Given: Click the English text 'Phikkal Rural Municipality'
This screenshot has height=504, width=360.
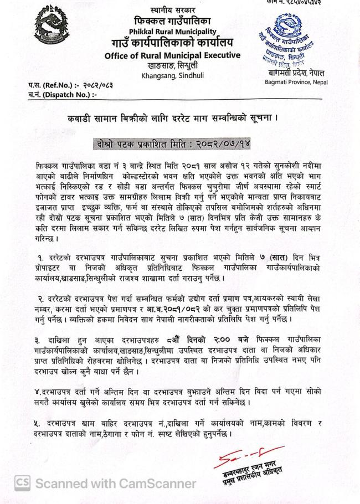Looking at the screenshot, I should (x=173, y=32).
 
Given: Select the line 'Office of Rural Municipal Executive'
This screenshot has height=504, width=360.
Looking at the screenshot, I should (x=172, y=55).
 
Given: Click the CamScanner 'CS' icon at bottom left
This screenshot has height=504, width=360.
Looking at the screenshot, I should (x=22, y=483).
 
